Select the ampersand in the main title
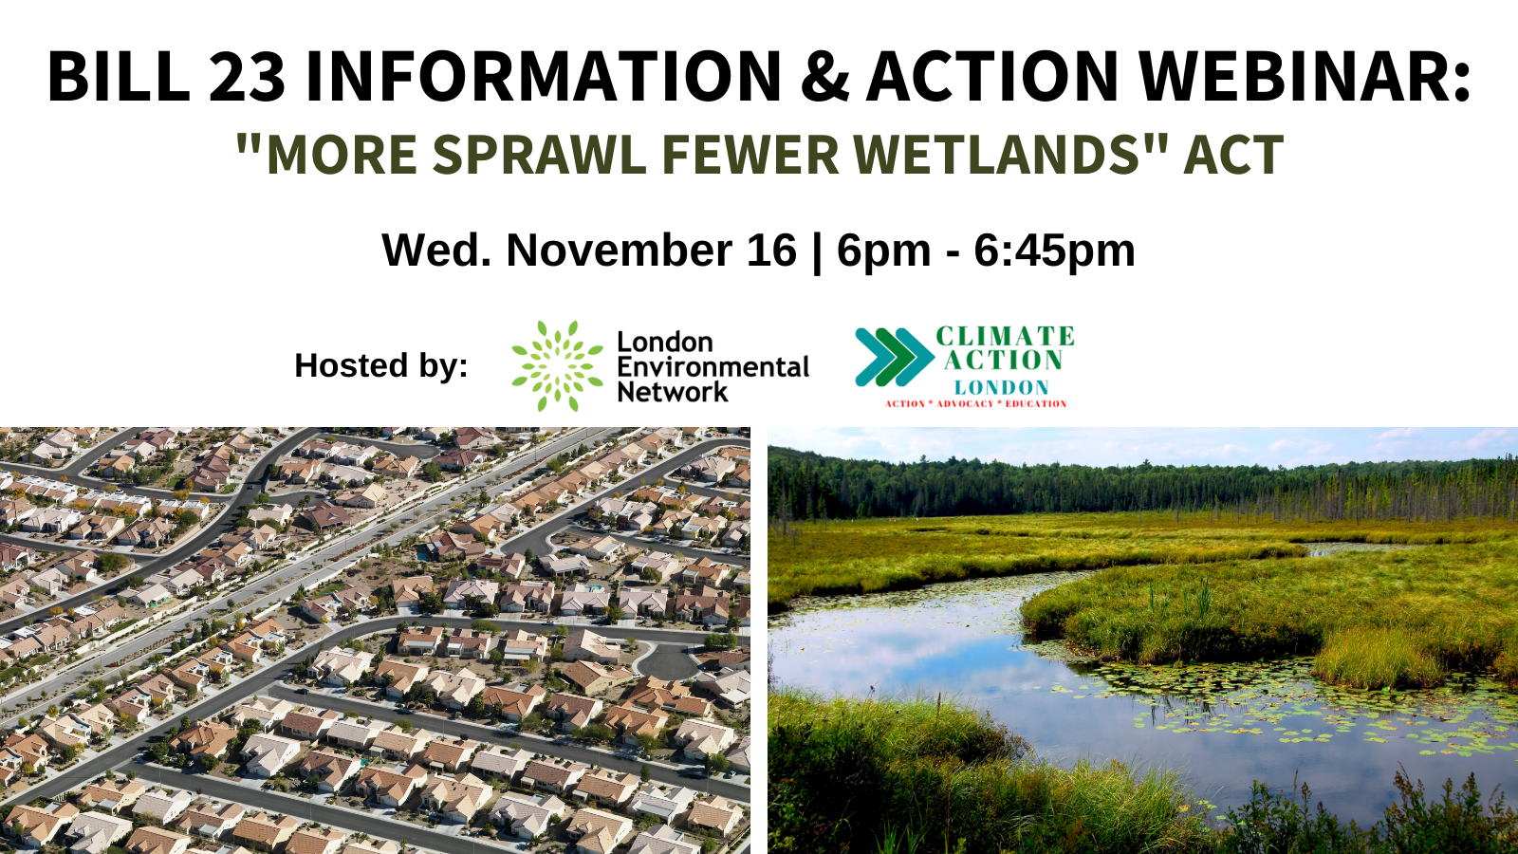824,76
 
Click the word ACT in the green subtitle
1233,155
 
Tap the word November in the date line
651,251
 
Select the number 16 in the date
771,251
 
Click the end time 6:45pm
1054,251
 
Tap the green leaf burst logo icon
557,366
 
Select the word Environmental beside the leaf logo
713,367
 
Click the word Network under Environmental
672,392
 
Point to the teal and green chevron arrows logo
893,358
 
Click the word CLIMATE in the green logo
1005,337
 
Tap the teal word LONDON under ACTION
1001,387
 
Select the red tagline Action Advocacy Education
975,404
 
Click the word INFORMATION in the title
544,76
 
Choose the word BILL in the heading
118,76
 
